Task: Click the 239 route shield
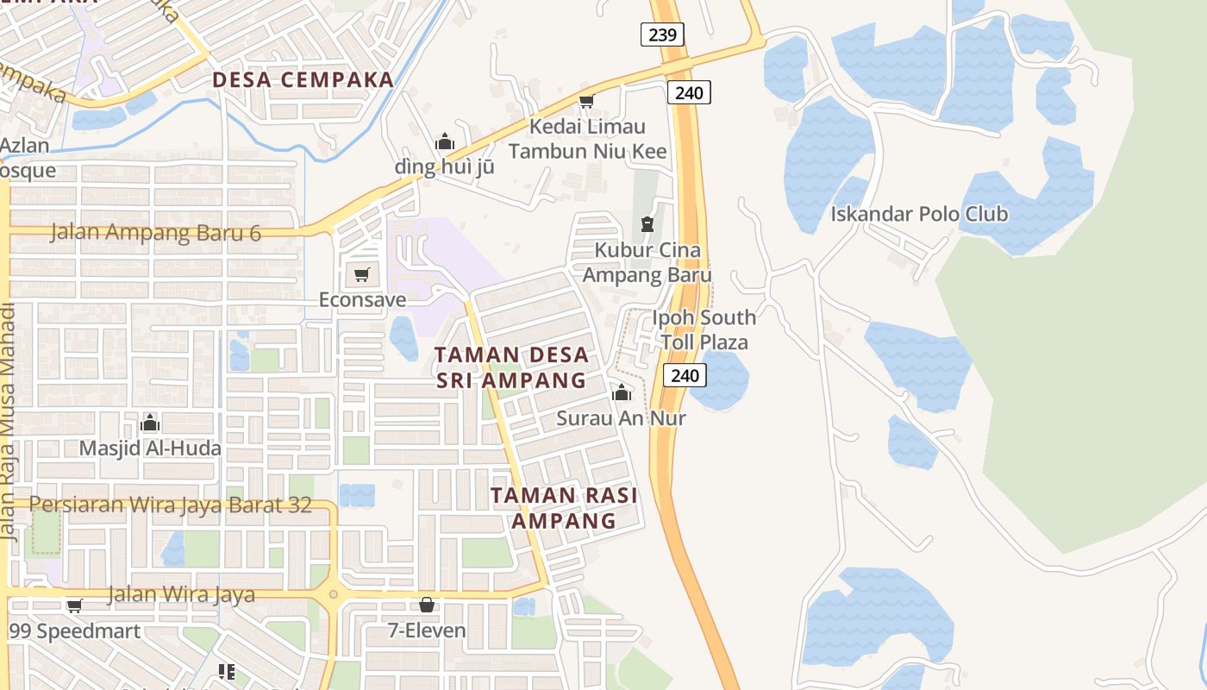pos(662,34)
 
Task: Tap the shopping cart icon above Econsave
pos(361,275)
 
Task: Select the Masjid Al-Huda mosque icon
pos(150,423)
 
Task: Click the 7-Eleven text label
pos(427,630)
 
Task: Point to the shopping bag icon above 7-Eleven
pos(426,605)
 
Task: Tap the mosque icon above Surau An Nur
pos(621,393)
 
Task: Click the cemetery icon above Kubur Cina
pos(647,224)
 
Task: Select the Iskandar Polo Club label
pos(919,214)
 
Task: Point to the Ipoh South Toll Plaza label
pos(704,329)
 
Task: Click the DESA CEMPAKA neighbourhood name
pos(303,80)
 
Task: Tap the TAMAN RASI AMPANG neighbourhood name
pos(564,508)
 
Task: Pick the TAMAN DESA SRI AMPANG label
pos(512,367)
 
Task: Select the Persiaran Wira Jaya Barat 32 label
pos(171,505)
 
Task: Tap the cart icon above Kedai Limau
pos(586,101)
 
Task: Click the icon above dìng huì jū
pos(444,141)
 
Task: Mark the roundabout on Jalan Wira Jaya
pos(333,594)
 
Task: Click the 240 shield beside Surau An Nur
pos(685,375)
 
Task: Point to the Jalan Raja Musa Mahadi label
pos(9,423)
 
